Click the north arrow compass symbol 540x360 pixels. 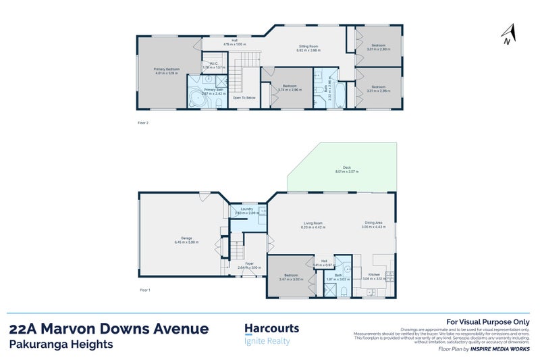click(509, 34)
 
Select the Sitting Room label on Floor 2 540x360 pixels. click(308, 47)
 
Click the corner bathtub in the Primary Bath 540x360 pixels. click(196, 100)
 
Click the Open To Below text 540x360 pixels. click(244, 98)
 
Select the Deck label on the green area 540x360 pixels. click(347, 168)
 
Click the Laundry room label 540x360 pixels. click(246, 209)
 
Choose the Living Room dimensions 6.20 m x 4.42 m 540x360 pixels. click(313, 228)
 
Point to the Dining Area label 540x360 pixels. click(373, 223)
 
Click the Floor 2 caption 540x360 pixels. click(142, 122)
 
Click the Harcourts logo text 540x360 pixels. click(271, 328)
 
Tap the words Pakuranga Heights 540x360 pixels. click(61, 344)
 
